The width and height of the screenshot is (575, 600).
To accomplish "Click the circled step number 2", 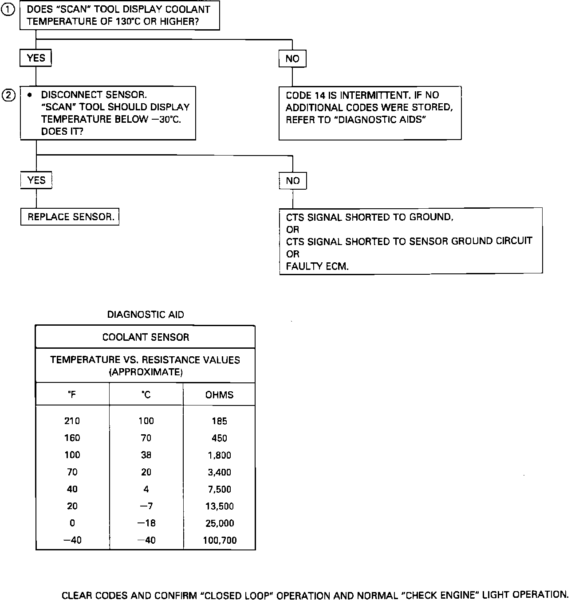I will (x=9, y=95).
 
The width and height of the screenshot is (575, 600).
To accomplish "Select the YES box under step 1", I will (x=35, y=58).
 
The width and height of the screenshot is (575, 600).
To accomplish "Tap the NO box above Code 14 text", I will (x=292, y=58).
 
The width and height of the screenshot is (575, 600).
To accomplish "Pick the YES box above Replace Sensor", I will (x=36, y=180).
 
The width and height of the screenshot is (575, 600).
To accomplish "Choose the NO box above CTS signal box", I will (x=293, y=181).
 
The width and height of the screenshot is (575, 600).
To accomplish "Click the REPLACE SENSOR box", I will (x=70, y=217).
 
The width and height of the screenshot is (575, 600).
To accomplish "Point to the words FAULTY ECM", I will (x=317, y=266).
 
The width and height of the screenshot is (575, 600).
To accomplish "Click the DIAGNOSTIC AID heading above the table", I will (x=146, y=315).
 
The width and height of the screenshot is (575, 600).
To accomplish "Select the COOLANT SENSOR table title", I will (x=146, y=337).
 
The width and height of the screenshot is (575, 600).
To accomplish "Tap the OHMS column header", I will (x=219, y=395).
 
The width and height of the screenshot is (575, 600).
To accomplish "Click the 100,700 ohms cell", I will (x=220, y=540).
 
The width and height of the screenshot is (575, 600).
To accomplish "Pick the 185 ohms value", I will (x=219, y=421).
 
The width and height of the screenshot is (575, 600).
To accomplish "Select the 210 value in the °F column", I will (x=72, y=421).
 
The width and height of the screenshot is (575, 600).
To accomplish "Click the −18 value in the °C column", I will (x=146, y=523).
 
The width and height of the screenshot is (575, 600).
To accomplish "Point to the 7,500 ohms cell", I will (x=219, y=489).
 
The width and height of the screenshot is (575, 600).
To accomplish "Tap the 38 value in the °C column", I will (x=146, y=455).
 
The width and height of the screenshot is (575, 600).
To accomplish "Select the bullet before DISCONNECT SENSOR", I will (x=30, y=95).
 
